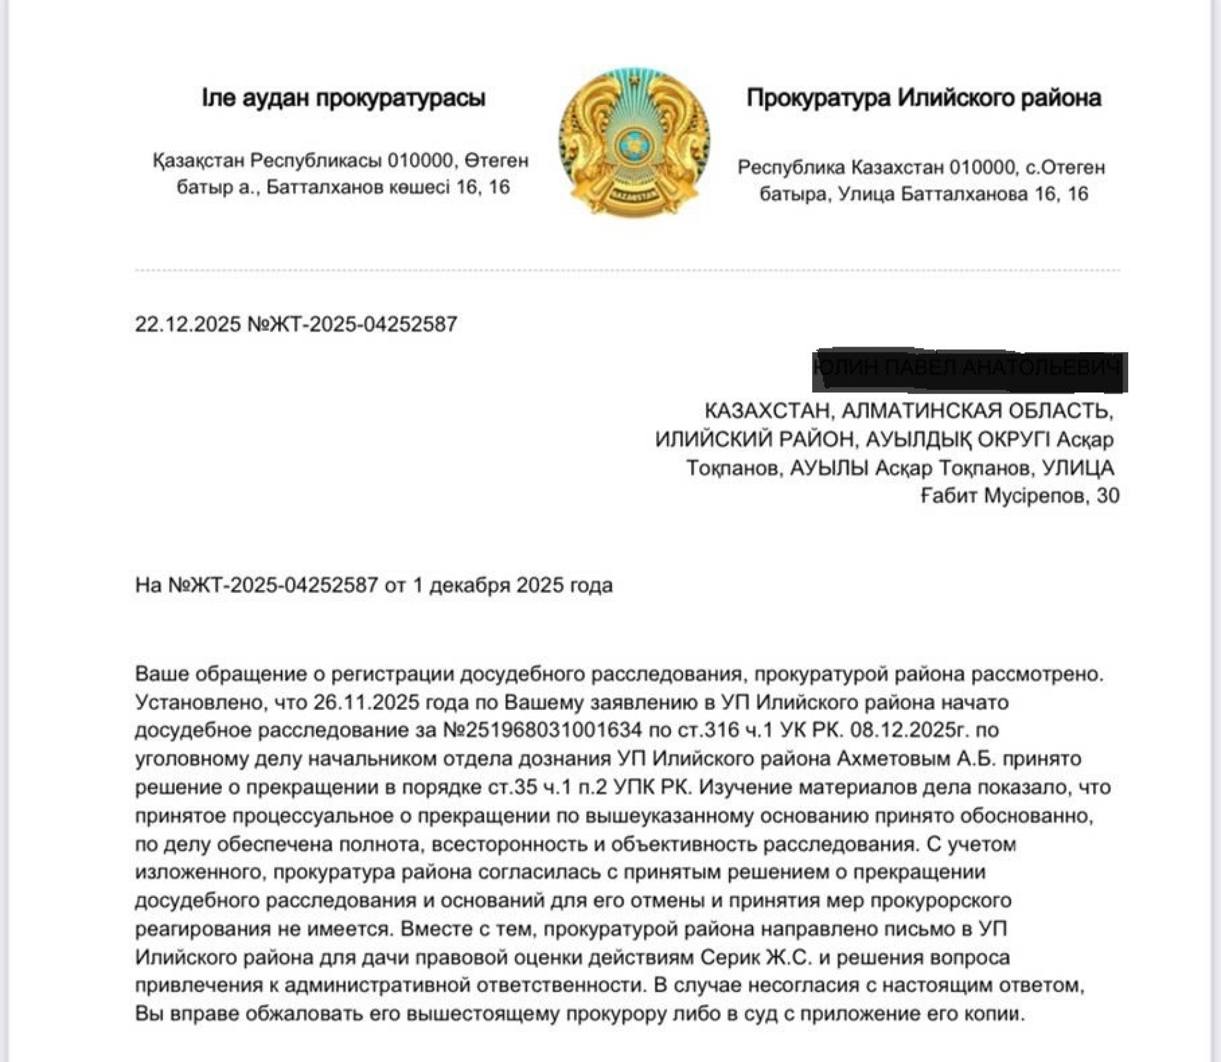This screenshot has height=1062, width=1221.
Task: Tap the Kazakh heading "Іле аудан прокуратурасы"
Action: click(343, 98)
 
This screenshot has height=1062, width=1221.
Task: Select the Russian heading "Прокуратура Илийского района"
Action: click(924, 98)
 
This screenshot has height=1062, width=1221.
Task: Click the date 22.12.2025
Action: click(188, 324)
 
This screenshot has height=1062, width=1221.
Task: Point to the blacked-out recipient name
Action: click(970, 371)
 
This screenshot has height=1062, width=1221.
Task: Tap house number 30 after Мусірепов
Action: click(1108, 495)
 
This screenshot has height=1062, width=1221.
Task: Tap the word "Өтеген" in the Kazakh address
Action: click(497, 160)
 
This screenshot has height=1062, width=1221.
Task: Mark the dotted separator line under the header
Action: click(627, 270)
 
